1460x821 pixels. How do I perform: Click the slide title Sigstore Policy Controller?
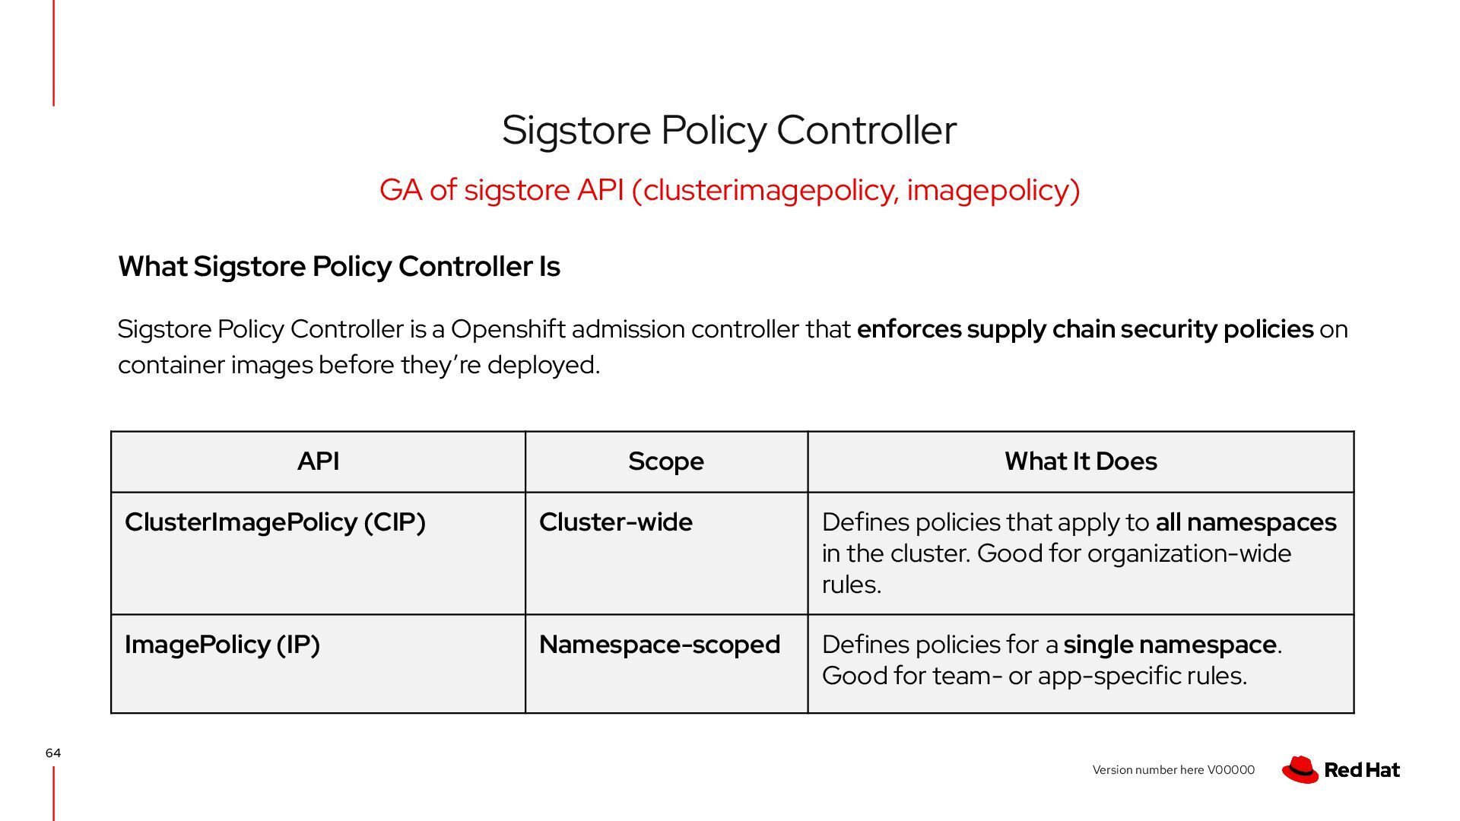point(728,130)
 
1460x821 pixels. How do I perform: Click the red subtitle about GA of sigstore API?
point(729,190)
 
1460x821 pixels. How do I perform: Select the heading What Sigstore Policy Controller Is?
point(338,267)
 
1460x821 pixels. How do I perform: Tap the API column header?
point(318,461)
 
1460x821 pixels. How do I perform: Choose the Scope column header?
point(665,461)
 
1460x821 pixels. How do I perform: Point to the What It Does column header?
point(1080,461)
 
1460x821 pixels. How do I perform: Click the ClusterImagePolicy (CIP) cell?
point(275,522)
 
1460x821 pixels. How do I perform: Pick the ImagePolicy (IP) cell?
point(222,645)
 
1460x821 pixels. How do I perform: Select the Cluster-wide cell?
point(615,522)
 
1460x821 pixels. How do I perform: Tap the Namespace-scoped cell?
point(659,645)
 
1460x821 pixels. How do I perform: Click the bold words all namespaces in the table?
point(1246,522)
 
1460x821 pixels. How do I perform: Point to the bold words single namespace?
point(1170,645)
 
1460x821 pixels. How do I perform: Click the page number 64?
point(52,753)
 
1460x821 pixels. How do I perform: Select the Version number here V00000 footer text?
point(1173,770)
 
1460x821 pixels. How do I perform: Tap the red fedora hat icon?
point(1300,769)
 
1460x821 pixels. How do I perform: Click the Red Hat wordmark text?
point(1362,770)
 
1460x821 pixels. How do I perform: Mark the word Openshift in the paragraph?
point(507,329)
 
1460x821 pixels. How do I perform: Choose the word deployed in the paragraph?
point(543,365)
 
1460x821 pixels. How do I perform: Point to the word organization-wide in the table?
point(1189,553)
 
